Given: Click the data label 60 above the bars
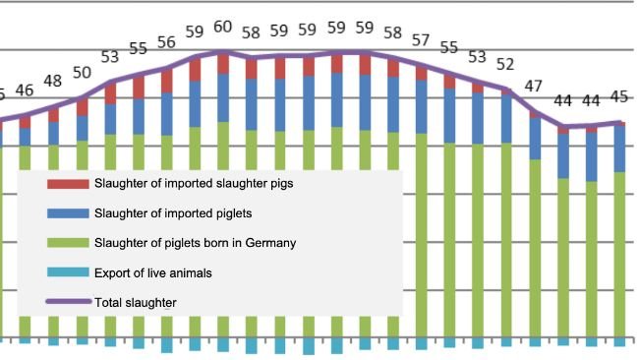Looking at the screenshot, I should point(223,27).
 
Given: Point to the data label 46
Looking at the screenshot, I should point(25,90).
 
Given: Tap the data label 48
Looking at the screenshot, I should point(53,81).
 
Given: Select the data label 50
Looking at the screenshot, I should point(82,72).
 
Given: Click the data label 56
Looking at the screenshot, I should point(166,42).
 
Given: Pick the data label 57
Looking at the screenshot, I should point(421,40).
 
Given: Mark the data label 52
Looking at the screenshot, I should point(505,65).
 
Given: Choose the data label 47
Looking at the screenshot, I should point(534,87).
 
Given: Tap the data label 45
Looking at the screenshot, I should point(619,96).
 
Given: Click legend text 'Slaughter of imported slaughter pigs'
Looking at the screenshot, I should point(194,183).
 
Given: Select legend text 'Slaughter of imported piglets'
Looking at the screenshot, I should point(173,213).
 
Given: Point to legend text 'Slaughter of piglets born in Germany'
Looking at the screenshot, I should point(196,243).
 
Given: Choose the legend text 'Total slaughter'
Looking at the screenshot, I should point(136,302).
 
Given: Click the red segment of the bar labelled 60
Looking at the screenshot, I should point(223,63).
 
